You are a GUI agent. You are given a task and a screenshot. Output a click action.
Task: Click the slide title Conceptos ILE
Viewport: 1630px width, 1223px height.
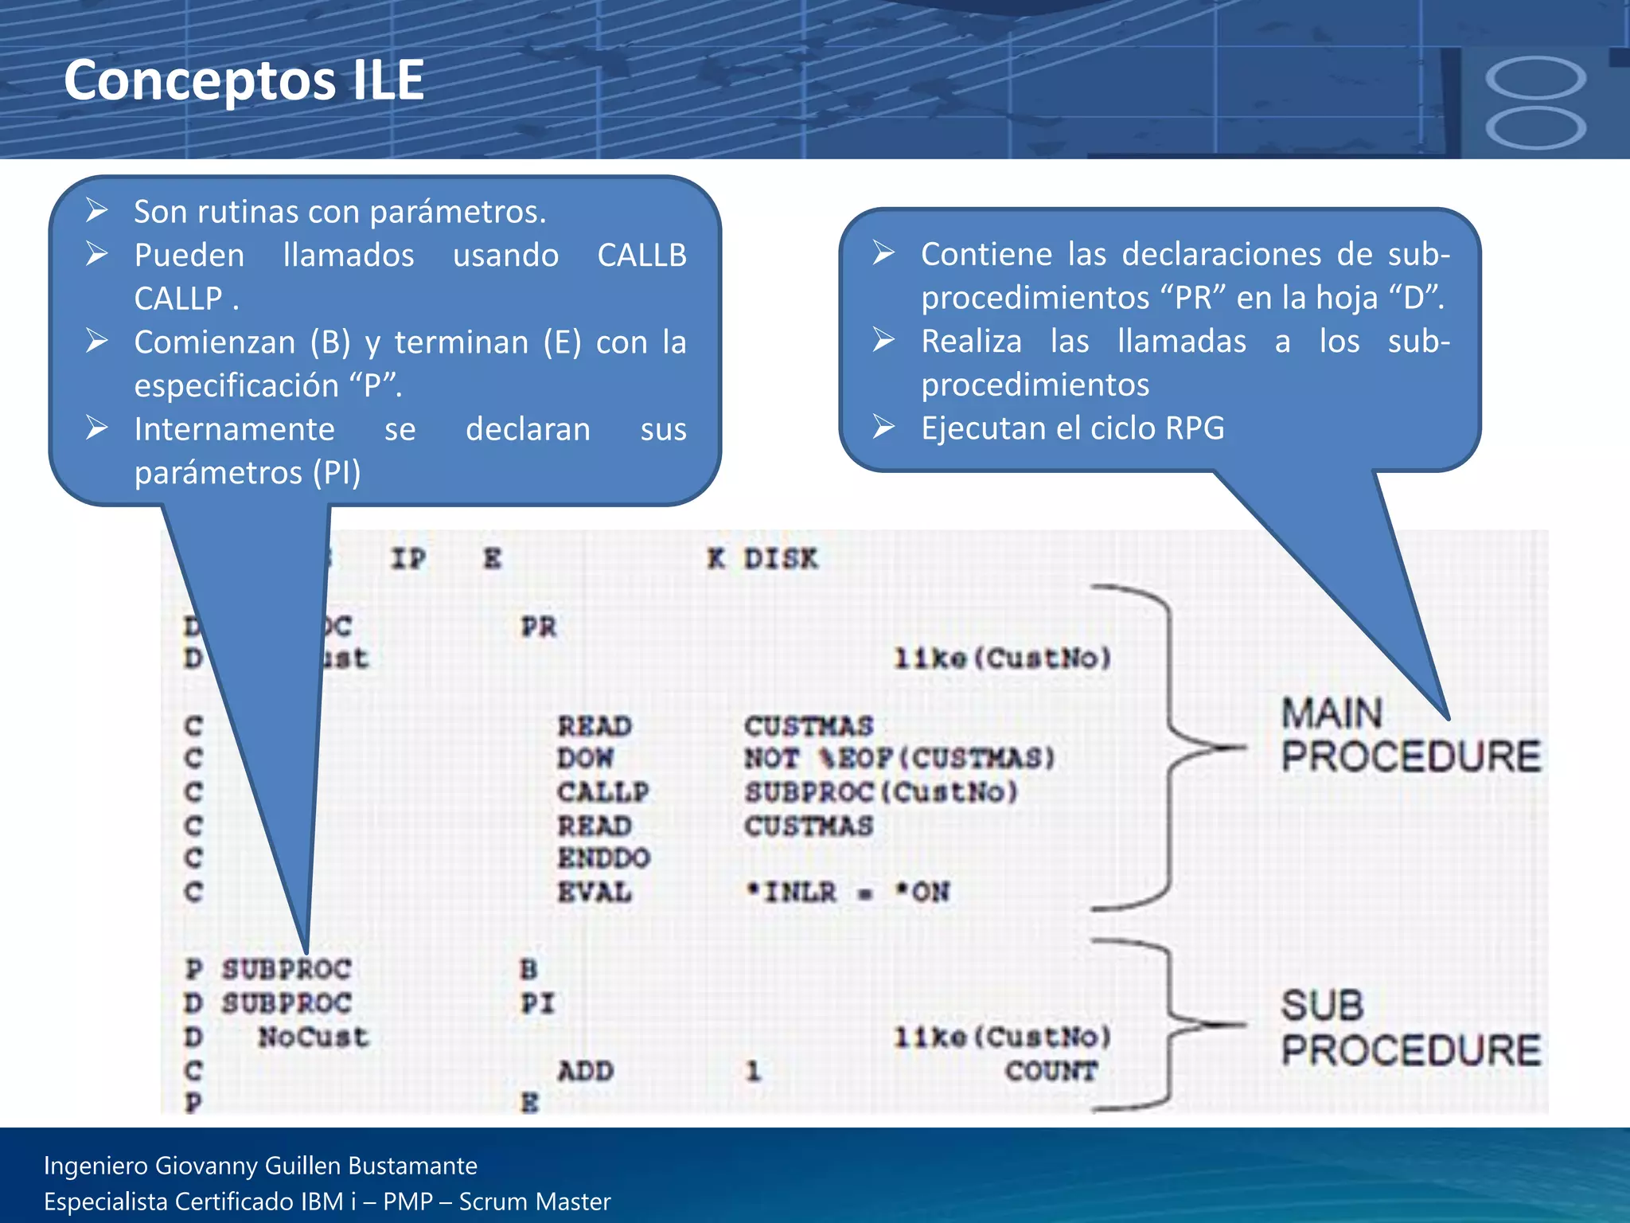[244, 80]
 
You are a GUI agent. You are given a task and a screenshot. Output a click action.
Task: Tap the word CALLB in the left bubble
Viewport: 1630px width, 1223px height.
[641, 256]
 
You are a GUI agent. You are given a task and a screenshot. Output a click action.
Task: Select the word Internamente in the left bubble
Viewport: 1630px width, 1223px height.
[234, 429]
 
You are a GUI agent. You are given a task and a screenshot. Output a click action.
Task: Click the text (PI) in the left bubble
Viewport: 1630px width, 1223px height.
[337, 473]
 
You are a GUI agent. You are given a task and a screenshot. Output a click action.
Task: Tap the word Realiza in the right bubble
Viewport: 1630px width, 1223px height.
[971, 342]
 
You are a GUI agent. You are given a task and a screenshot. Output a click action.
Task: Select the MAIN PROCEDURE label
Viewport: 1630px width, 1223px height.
[1410, 734]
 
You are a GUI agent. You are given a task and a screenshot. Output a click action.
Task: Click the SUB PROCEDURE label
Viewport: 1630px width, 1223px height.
[1410, 1027]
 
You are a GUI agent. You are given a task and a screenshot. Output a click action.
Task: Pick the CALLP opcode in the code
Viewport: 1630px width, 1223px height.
[602, 792]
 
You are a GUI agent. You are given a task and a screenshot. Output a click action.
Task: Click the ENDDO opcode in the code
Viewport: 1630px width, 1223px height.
[603, 858]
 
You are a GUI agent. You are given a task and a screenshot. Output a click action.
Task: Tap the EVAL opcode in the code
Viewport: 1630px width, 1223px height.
[594, 892]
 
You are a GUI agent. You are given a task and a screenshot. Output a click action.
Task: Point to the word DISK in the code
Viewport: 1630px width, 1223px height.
[780, 559]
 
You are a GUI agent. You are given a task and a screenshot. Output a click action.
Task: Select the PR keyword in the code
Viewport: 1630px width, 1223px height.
[539, 627]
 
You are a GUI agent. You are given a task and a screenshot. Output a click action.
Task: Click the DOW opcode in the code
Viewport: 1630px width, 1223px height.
[585, 758]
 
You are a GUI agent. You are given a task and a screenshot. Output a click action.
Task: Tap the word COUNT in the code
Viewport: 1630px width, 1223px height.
[1051, 1071]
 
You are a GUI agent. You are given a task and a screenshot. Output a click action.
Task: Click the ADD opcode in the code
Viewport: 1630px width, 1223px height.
[585, 1071]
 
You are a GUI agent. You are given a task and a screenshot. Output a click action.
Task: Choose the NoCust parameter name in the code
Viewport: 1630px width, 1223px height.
[314, 1037]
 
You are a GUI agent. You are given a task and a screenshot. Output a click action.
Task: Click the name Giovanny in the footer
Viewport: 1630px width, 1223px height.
[207, 1166]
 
